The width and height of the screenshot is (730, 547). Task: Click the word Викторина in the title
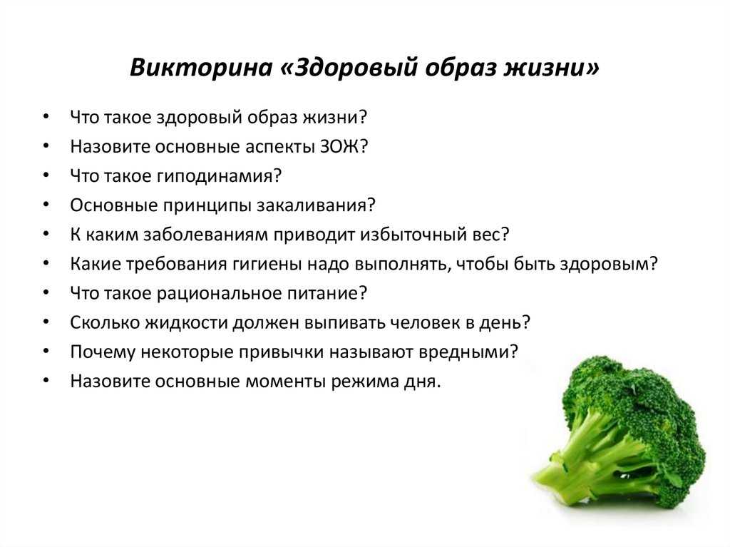pyautogui.click(x=200, y=67)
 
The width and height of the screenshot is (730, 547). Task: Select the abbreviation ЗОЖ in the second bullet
pyautogui.click(x=340, y=146)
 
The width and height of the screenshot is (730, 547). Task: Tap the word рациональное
pyautogui.click(x=219, y=294)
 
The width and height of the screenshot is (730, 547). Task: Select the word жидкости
pyautogui.click(x=186, y=322)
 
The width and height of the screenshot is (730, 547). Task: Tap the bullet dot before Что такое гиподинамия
pyautogui.click(x=46, y=175)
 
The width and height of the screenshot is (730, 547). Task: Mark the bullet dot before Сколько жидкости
pyautogui.click(x=46, y=322)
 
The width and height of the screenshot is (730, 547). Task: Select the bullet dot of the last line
pyautogui.click(x=46, y=381)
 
